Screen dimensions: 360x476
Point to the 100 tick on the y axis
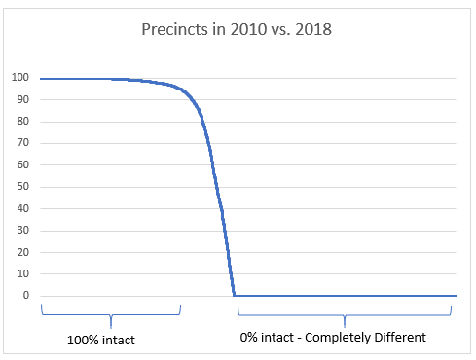coord(19,78)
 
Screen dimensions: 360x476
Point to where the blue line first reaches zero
coord(235,295)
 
